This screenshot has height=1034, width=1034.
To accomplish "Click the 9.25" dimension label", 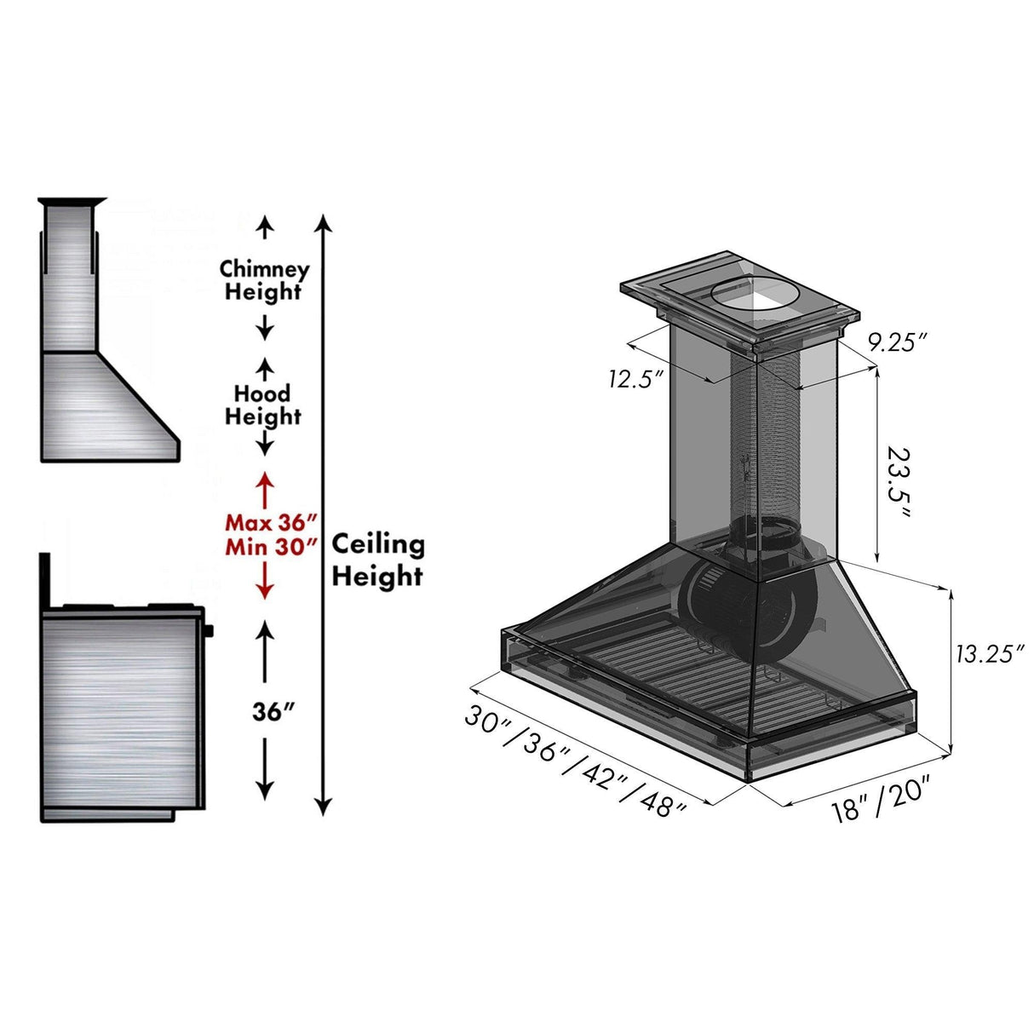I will click(897, 342).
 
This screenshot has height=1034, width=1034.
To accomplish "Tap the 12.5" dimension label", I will click(635, 378).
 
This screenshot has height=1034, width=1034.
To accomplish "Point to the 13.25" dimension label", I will click(988, 654).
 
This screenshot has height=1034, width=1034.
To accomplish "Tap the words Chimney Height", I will click(264, 280).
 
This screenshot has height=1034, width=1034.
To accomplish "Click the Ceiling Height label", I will click(377, 560).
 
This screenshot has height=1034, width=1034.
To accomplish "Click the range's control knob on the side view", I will click(209, 631).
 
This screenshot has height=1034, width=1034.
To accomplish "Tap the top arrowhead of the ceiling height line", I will click(323, 223).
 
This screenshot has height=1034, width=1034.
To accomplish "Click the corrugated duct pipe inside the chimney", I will click(771, 443).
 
